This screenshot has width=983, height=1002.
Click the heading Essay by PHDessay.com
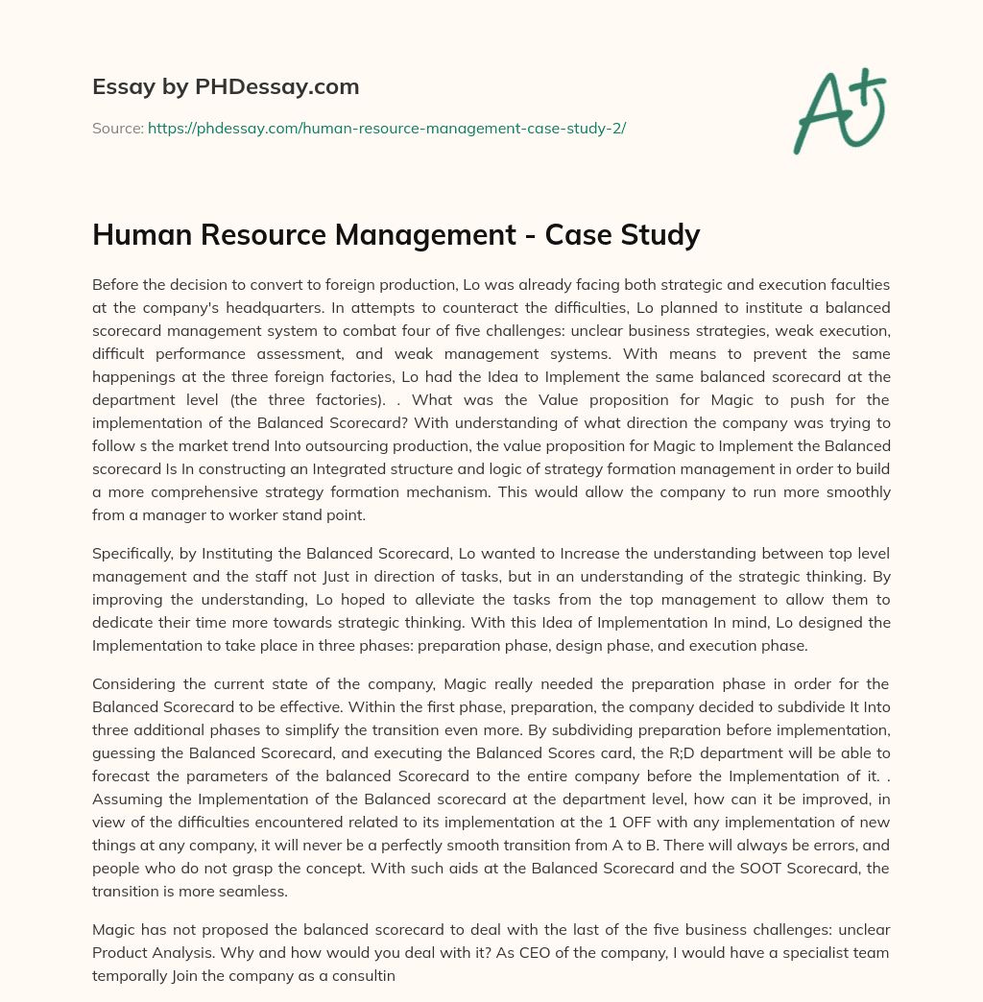226,87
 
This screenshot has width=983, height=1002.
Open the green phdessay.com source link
386,128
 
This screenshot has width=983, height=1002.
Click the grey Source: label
117,128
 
